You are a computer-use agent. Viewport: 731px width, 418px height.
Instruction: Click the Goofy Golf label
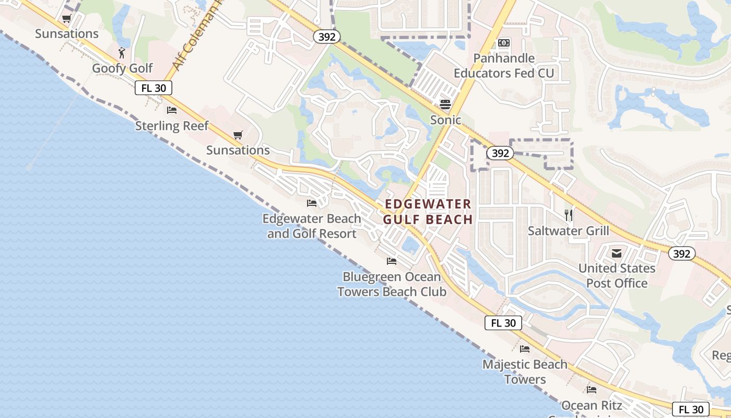(x=123, y=68)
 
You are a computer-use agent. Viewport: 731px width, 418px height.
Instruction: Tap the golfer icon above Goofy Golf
(x=122, y=53)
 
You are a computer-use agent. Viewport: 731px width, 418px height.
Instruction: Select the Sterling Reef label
(x=172, y=126)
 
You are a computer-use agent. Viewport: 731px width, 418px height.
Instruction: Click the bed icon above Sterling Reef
(x=172, y=110)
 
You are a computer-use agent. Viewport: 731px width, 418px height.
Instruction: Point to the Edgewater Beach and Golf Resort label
(x=312, y=226)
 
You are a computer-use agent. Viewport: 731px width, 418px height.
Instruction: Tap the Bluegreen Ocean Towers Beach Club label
(x=392, y=284)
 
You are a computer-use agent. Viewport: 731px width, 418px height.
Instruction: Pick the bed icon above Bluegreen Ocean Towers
(x=392, y=261)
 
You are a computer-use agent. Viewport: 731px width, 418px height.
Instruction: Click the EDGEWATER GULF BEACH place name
(x=428, y=212)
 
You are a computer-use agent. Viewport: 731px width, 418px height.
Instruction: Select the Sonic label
(x=445, y=120)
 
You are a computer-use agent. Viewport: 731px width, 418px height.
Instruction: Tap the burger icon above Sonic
(x=445, y=104)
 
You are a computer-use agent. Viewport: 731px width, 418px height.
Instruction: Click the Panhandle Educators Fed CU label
(x=504, y=66)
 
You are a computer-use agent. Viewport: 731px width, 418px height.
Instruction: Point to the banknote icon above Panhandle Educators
(x=504, y=43)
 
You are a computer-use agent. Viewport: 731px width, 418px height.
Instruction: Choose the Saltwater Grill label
(x=569, y=231)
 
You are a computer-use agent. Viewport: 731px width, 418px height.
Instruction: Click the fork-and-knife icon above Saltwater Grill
(x=569, y=215)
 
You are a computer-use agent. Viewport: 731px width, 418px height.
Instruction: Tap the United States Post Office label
(x=617, y=276)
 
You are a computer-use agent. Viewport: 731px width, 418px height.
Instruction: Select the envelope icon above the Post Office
(x=617, y=253)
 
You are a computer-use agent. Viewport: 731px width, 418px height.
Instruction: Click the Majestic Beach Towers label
(x=525, y=372)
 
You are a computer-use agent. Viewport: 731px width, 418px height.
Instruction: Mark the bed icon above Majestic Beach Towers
(x=525, y=349)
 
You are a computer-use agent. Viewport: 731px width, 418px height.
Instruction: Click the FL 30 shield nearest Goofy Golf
(x=154, y=88)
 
